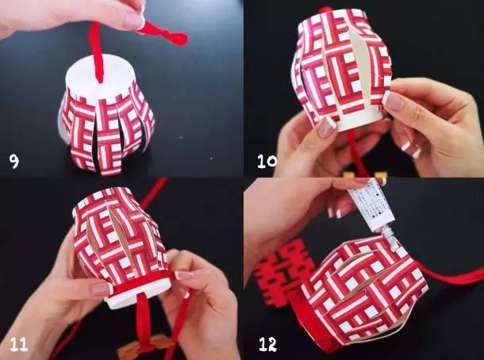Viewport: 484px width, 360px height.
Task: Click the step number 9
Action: click(x=13, y=162)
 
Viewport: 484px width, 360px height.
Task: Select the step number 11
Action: click(x=18, y=343)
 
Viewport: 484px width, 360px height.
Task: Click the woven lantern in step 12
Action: click(x=361, y=289)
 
